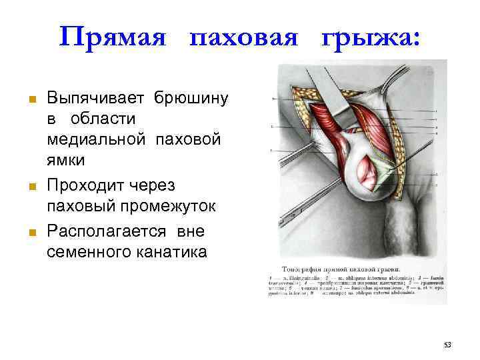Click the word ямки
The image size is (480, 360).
pos(65,161)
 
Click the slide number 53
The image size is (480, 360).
pos(447,345)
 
